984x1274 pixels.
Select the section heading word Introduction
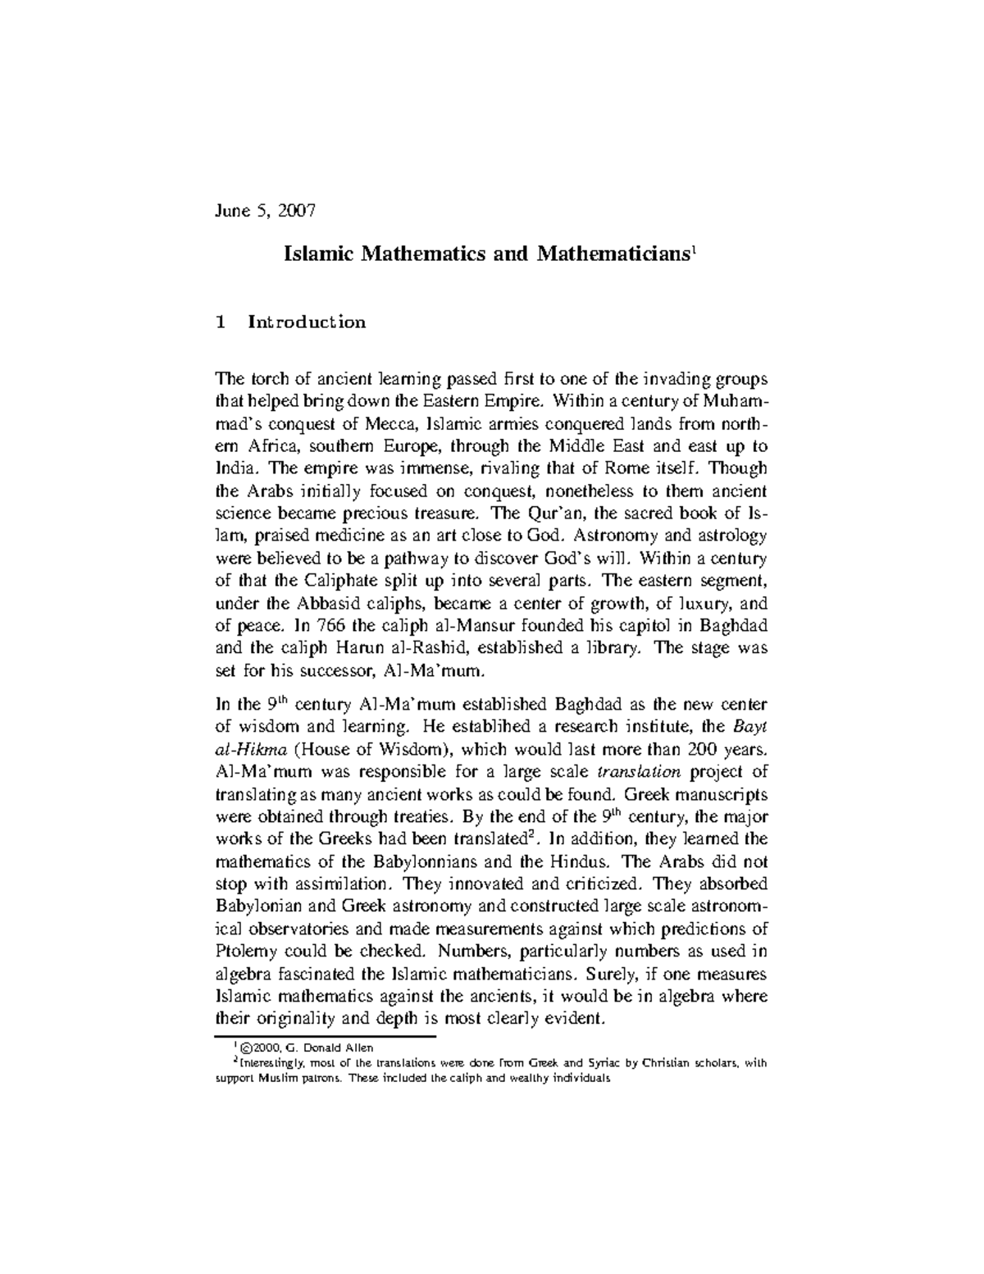[307, 322]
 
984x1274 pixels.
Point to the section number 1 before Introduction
[221, 322]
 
